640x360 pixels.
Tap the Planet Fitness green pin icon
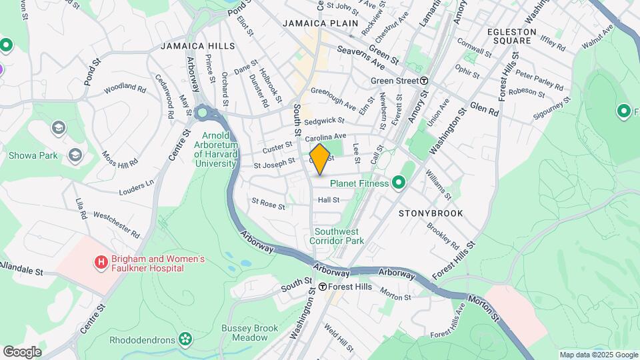399,182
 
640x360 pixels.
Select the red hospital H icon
101,263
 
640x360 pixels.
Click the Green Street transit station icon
424,81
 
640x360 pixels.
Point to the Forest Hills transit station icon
322,287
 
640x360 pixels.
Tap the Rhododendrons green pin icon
185,340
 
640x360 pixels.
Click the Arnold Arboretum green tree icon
202,113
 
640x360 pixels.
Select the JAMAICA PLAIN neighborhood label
321,23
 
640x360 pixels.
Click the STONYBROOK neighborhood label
430,213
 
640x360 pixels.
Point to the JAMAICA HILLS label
197,46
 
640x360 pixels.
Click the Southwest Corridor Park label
337,236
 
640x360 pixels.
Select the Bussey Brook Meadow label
249,333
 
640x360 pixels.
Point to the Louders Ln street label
136,185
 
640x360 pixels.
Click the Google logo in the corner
22,351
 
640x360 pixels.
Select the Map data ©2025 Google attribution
598,355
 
